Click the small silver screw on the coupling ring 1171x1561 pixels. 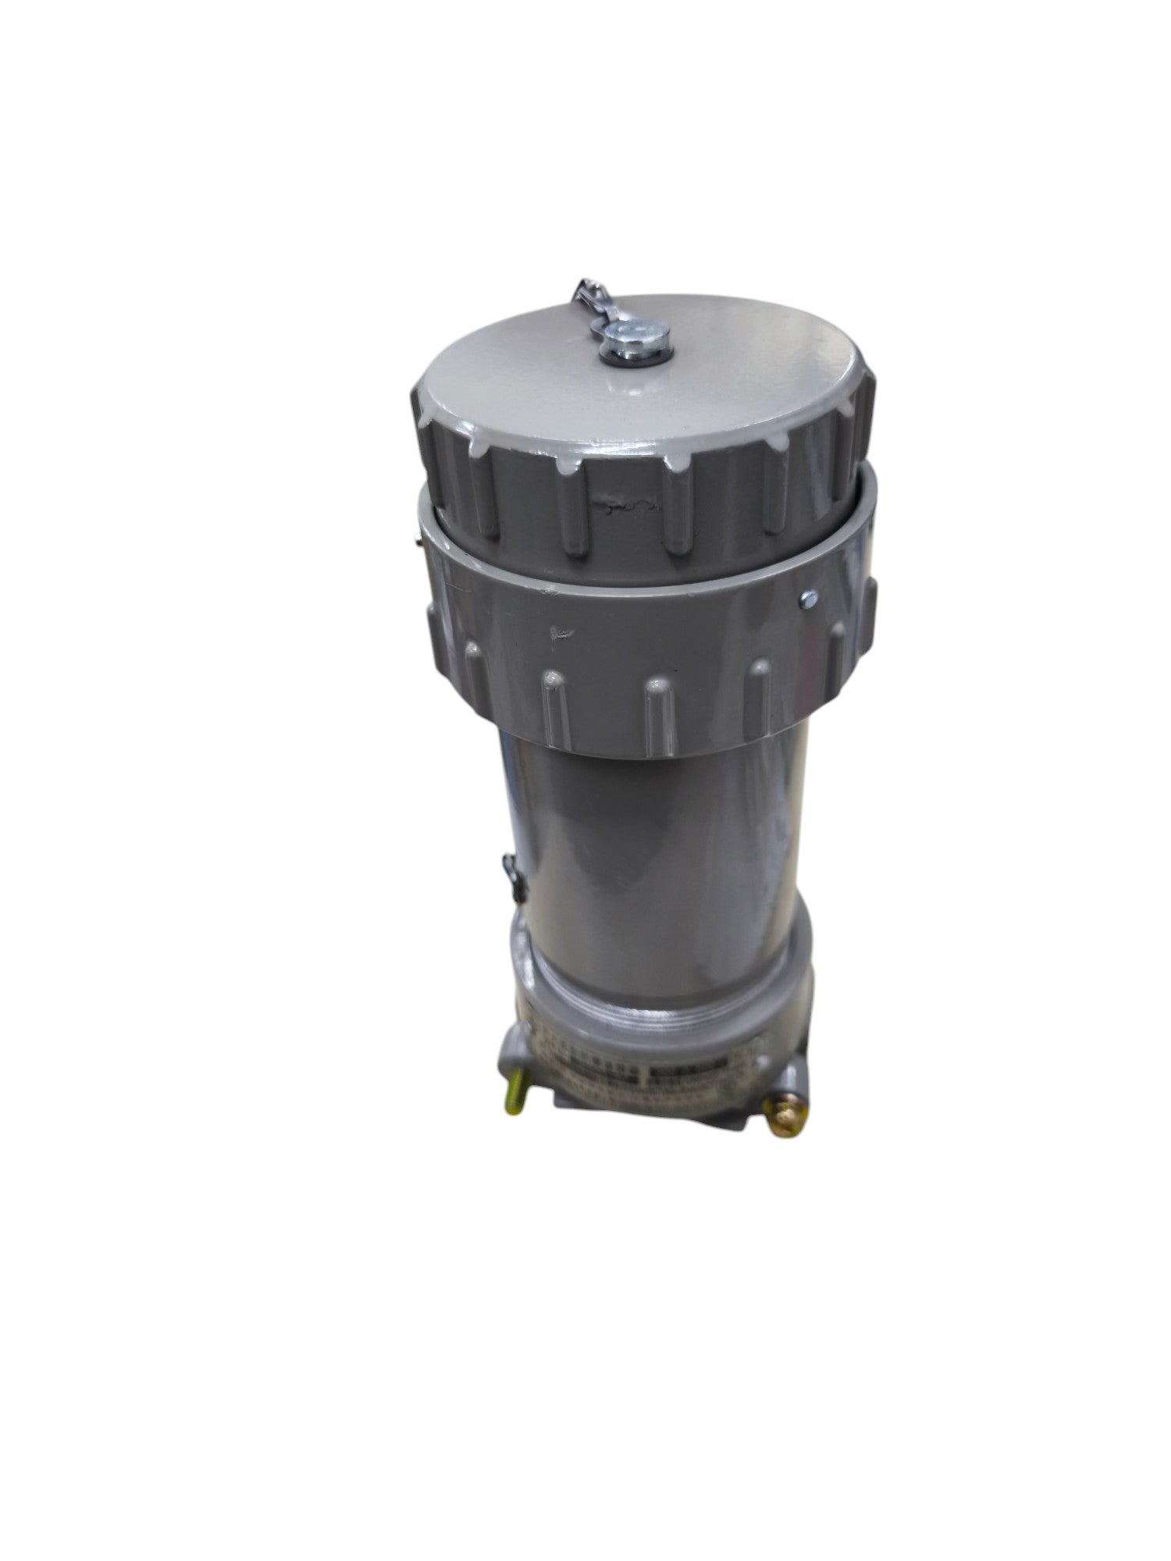coord(806,597)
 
